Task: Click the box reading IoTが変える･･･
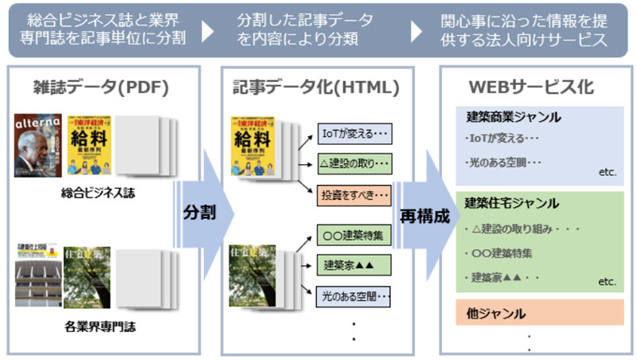click(x=354, y=133)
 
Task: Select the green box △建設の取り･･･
click(x=354, y=165)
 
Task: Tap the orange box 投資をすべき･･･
click(x=354, y=194)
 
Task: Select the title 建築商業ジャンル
click(x=514, y=117)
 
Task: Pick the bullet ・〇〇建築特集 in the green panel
click(x=500, y=253)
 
